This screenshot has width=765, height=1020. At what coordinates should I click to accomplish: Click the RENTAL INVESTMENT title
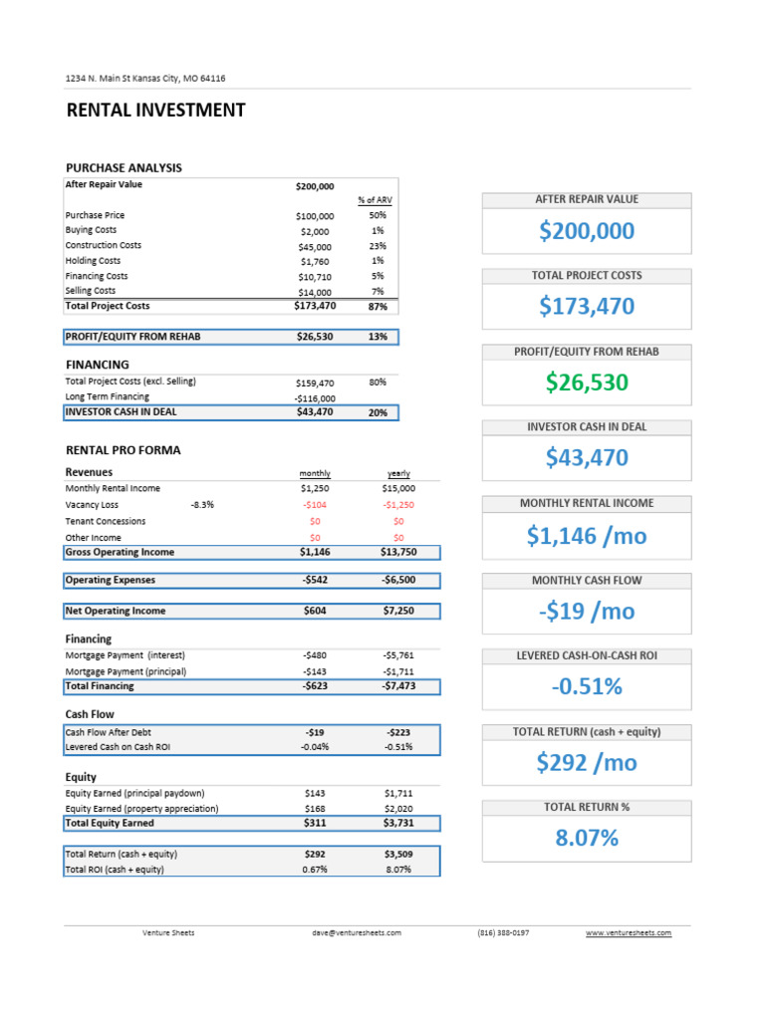(x=155, y=111)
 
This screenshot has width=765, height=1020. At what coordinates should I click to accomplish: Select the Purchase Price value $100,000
(x=315, y=216)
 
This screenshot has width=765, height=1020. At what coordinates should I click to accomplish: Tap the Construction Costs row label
(x=103, y=245)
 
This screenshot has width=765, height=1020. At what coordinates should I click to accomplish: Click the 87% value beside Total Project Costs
(x=378, y=307)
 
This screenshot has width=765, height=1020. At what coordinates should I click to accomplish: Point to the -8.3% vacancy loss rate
(x=201, y=505)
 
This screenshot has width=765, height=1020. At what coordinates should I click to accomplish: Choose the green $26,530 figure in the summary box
(x=586, y=382)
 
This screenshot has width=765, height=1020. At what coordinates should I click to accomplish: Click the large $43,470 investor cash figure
(x=586, y=457)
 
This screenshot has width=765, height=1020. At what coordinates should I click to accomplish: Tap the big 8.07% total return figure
(x=586, y=838)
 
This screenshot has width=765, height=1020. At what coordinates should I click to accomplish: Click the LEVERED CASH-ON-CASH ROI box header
(x=586, y=655)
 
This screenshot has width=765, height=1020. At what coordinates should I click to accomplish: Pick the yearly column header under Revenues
(x=398, y=474)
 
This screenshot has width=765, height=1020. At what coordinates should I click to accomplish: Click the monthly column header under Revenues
(x=315, y=474)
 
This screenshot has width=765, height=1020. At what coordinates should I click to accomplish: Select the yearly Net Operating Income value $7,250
(x=398, y=611)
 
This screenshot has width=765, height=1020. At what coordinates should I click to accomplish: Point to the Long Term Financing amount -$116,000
(x=314, y=397)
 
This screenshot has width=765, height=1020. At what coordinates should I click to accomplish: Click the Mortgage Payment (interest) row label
(x=125, y=655)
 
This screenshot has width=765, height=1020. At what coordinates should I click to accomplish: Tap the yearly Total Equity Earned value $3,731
(x=398, y=824)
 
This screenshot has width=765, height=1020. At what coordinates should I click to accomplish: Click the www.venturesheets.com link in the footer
(x=628, y=933)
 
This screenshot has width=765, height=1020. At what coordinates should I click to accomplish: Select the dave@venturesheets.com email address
(x=356, y=933)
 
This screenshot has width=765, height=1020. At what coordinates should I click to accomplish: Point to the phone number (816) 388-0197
(x=503, y=933)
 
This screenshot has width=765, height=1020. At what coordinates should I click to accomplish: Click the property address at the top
(x=151, y=78)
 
